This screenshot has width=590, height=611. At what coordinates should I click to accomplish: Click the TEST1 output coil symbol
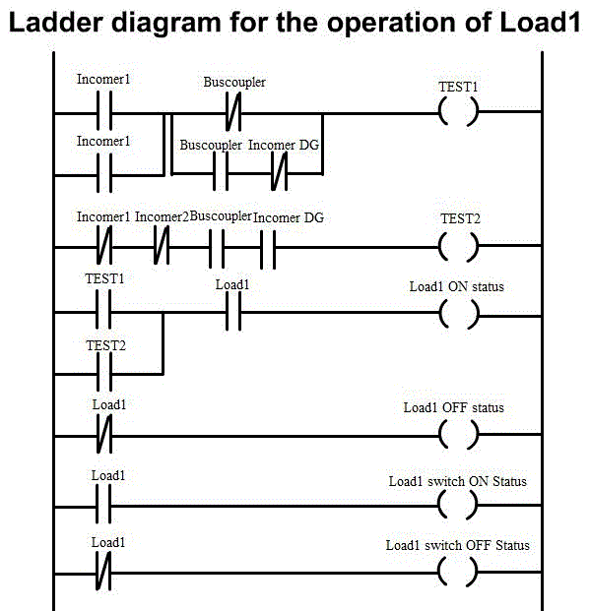[439, 112]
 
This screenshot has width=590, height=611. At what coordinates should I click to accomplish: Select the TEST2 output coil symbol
[439, 246]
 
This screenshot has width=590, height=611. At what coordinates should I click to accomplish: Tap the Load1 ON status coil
[440, 314]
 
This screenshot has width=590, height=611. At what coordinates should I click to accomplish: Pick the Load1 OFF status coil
[440, 434]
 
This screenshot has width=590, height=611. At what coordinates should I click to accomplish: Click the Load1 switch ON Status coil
[440, 505]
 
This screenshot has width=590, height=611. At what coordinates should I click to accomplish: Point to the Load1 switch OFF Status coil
[440, 572]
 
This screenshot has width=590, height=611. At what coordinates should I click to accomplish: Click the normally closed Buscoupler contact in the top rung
[233, 112]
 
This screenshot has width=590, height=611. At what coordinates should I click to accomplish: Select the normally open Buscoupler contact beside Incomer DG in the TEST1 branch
[221, 172]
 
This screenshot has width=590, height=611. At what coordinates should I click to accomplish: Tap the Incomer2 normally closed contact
[162, 246]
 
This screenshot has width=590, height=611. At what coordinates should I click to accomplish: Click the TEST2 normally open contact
[103, 373]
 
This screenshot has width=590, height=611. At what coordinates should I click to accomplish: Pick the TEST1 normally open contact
[103, 311]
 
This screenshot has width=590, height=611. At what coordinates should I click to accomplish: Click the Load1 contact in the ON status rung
[233, 312]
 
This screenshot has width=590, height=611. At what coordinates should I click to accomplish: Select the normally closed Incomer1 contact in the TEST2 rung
[103, 246]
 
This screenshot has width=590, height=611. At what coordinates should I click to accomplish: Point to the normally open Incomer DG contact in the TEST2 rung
[268, 249]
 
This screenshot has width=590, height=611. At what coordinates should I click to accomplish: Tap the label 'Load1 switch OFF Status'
[457, 545]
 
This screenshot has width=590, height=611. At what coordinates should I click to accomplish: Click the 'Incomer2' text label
[162, 216]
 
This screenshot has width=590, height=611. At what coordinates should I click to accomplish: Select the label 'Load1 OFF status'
[453, 407]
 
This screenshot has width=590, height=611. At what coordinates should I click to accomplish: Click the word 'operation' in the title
[391, 24]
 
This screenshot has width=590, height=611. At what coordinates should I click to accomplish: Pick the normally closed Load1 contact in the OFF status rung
[103, 433]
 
